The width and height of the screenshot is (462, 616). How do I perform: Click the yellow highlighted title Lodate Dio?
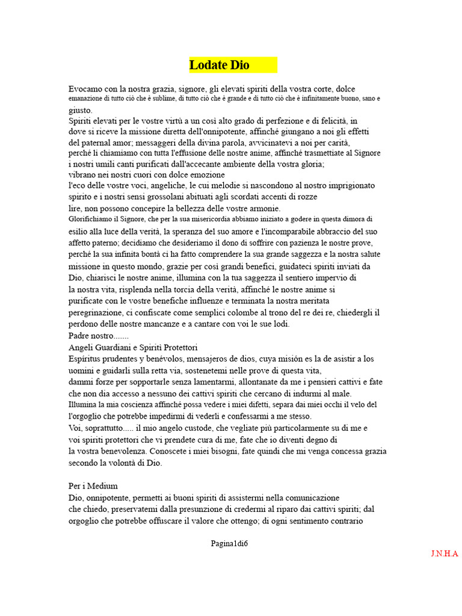pos(219,65)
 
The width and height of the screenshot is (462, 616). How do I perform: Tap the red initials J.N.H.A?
pos(445,553)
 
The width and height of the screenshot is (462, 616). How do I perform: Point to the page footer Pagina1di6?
pos(229,544)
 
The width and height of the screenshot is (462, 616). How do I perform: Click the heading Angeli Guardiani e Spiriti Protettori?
pos(133,347)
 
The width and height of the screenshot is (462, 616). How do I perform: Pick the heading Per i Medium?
pos(93,485)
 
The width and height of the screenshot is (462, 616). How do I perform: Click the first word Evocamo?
pos(85,88)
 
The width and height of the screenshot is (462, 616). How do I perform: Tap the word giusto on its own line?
pos(80,110)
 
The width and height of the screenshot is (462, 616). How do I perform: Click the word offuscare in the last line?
pos(159,520)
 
